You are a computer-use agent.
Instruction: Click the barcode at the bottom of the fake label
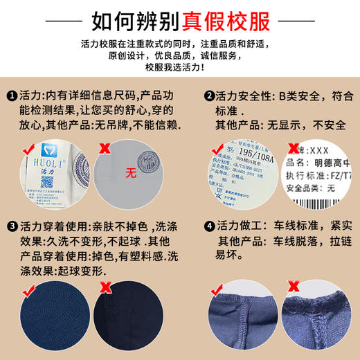point(325,204)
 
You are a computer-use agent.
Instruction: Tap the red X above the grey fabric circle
point(104,147)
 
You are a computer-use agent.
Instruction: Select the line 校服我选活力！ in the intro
point(180,66)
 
